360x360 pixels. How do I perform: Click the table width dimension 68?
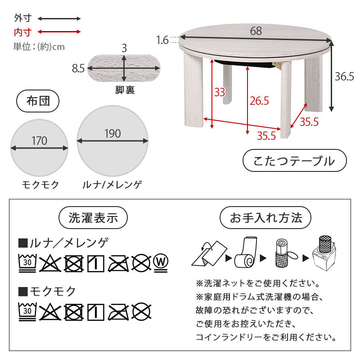pyautogui.click(x=256, y=31)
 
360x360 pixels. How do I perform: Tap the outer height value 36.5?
pyautogui.click(x=344, y=76)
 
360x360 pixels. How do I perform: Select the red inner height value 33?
pyautogui.click(x=220, y=92)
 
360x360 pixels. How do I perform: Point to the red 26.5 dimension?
pyautogui.click(x=259, y=101)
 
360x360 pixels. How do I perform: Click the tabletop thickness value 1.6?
pyautogui.click(x=162, y=40)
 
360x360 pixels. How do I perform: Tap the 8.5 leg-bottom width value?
pyautogui.click(x=78, y=68)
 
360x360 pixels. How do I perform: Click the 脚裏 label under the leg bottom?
pyautogui.click(x=125, y=90)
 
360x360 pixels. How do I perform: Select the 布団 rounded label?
pyautogui.click(x=38, y=101)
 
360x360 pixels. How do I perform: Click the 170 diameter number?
pyautogui.click(x=40, y=141)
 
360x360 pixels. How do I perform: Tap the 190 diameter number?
pyautogui.click(x=112, y=134)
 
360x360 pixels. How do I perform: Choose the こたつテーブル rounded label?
pyautogui.click(x=295, y=161)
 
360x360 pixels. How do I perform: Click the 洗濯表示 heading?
pyautogui.click(x=93, y=218)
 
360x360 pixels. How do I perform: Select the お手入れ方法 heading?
pyautogui.click(x=265, y=218)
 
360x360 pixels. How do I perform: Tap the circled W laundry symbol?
pyautogui.click(x=161, y=263)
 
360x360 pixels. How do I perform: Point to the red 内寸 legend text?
pyautogui.click(x=22, y=32)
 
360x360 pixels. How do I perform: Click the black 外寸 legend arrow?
pyautogui.click(x=59, y=19)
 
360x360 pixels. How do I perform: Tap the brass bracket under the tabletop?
pyautogui.click(x=277, y=65)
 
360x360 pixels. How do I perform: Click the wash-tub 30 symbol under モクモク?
pyautogui.click(x=27, y=311)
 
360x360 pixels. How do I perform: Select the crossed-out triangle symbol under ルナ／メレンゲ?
pyautogui.click(x=50, y=264)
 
